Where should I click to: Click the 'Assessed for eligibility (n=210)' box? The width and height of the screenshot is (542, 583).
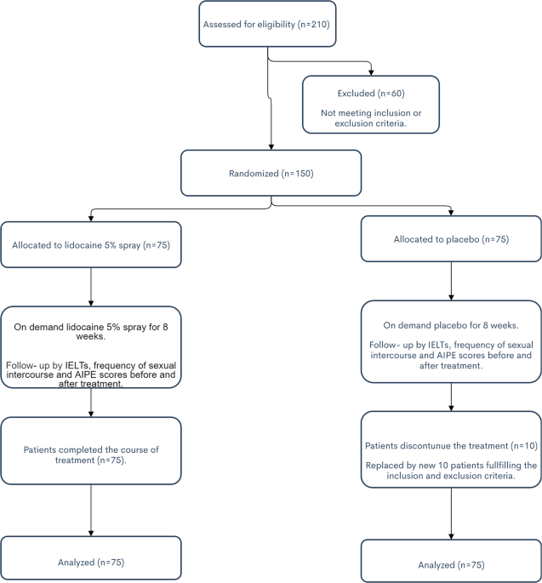click(x=267, y=24)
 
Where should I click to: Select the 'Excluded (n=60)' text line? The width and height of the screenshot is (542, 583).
click(x=371, y=94)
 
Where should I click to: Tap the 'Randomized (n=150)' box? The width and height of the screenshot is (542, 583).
click(x=271, y=173)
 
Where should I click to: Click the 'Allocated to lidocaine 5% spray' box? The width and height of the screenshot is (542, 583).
click(x=91, y=244)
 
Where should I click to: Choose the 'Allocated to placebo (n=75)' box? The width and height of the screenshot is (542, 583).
click(x=451, y=238)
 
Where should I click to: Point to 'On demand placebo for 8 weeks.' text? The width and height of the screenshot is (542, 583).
click(x=451, y=325)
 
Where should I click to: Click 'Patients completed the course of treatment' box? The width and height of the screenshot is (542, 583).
click(x=91, y=450)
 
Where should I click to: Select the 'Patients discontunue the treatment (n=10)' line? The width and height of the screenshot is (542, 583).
click(x=451, y=446)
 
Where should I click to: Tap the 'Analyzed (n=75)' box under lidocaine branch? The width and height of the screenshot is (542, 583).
click(x=91, y=557)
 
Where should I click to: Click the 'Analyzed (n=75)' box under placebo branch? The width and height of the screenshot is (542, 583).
click(x=451, y=561)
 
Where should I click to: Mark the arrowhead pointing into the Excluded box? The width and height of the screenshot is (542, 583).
click(x=371, y=73)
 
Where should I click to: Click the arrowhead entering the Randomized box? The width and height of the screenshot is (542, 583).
click(x=271, y=147)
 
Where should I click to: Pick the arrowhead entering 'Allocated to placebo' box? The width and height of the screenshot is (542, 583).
click(x=451, y=213)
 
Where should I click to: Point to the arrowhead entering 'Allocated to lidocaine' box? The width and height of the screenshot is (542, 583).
click(x=91, y=219)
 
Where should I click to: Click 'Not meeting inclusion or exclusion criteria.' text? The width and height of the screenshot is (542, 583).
click(x=371, y=118)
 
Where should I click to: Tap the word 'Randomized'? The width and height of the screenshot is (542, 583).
click(x=254, y=174)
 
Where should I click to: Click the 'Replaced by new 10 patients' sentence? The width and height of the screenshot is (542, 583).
click(x=451, y=471)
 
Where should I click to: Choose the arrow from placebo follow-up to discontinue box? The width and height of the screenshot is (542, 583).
click(x=451, y=397)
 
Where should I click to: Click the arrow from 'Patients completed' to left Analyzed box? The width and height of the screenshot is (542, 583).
click(x=91, y=510)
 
